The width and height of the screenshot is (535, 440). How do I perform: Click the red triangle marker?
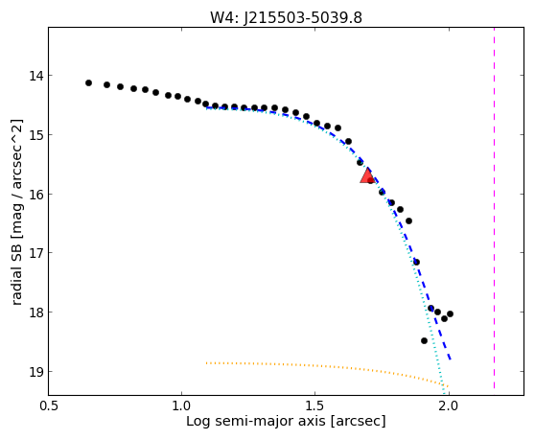point(367,175)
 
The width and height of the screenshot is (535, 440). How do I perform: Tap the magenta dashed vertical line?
point(494,208)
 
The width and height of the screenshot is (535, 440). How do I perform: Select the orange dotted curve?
point(327,368)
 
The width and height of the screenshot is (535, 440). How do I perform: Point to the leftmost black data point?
point(89,82)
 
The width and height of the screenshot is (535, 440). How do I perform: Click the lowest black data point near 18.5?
point(424,340)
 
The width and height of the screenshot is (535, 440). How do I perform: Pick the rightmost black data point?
point(450,313)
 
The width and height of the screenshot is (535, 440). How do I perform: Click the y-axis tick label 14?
point(36,76)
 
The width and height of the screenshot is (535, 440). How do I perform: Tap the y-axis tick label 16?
point(36,194)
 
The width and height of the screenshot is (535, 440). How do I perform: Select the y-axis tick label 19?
point(36,371)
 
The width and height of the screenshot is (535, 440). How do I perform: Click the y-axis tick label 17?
point(36,253)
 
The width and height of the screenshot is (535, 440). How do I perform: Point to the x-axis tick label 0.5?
point(49,405)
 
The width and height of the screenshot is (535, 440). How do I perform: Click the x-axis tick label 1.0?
point(182,405)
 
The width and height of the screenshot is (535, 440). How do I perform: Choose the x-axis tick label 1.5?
point(315,405)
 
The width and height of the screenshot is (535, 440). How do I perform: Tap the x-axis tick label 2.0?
point(449,405)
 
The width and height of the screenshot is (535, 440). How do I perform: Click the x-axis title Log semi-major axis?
point(256,422)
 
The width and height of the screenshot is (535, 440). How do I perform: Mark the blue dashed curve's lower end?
point(451,359)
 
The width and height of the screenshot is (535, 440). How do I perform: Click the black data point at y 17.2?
point(416,262)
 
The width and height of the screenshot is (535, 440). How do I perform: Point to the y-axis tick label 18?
point(36,313)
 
